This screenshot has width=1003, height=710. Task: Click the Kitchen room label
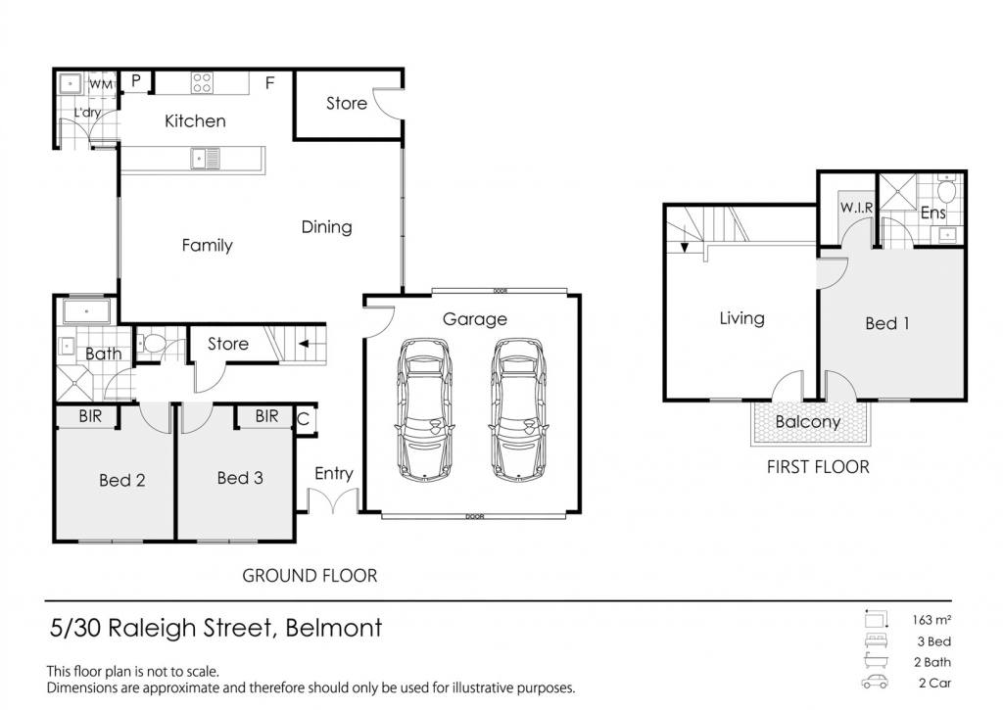(195, 120)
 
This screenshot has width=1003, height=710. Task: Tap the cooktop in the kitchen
(202, 83)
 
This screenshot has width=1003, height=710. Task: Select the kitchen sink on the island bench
(206, 158)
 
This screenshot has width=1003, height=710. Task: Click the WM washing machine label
(101, 84)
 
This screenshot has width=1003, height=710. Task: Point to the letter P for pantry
(135, 80)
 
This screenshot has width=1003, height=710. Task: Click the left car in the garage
(424, 410)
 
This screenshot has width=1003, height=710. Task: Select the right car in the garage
(518, 410)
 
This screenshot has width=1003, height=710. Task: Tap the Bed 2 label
(122, 480)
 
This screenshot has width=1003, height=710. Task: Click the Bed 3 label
(240, 478)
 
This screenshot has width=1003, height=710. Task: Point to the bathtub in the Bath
(86, 311)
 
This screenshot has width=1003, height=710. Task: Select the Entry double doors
(333, 500)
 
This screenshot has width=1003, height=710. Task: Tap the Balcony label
(808, 422)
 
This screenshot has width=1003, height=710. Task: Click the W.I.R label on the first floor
(856, 208)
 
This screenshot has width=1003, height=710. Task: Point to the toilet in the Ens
(946, 189)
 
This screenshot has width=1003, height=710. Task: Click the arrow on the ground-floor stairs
(304, 344)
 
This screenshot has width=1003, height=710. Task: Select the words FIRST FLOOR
(818, 467)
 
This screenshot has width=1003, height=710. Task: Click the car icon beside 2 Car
(875, 682)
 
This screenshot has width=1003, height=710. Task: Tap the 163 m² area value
(931, 620)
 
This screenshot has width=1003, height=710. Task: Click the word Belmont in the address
(334, 628)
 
